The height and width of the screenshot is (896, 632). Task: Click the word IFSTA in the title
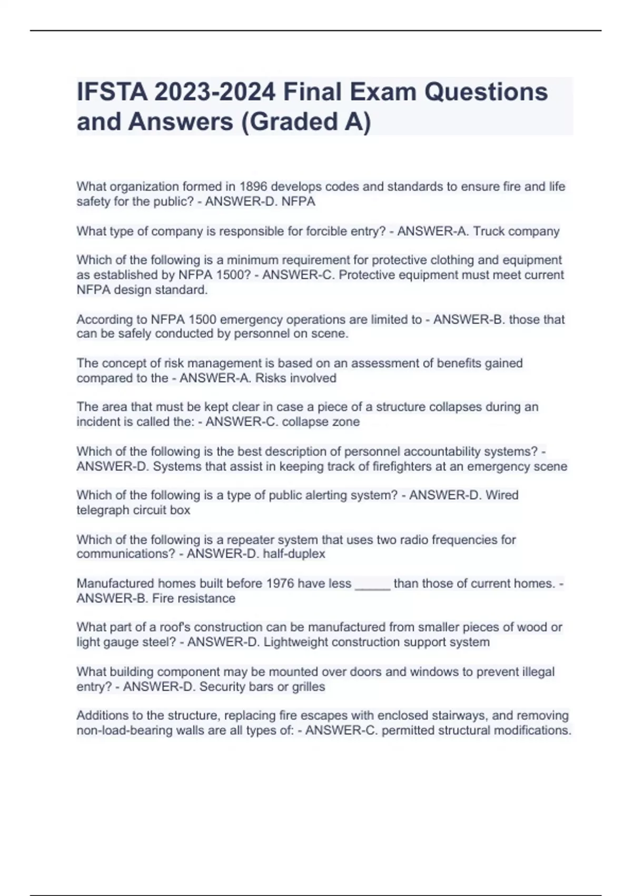(112, 92)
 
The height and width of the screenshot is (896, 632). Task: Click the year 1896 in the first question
(254, 187)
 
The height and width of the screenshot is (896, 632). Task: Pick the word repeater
(250, 540)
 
